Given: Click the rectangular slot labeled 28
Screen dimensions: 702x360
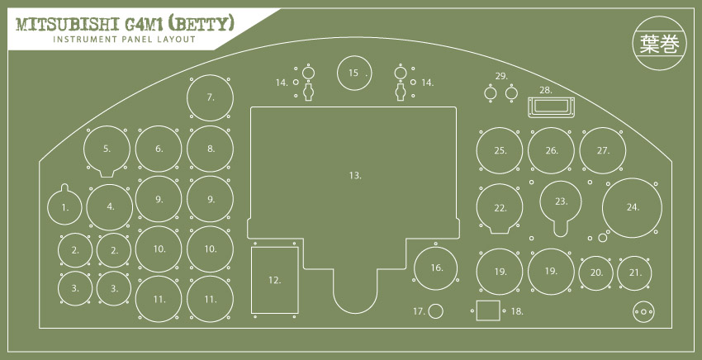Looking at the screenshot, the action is pyautogui.click(x=551, y=107).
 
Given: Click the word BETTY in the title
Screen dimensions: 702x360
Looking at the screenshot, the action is pyautogui.click(x=206, y=24).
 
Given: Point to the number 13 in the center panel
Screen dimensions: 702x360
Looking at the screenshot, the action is pyautogui.click(x=355, y=176).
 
